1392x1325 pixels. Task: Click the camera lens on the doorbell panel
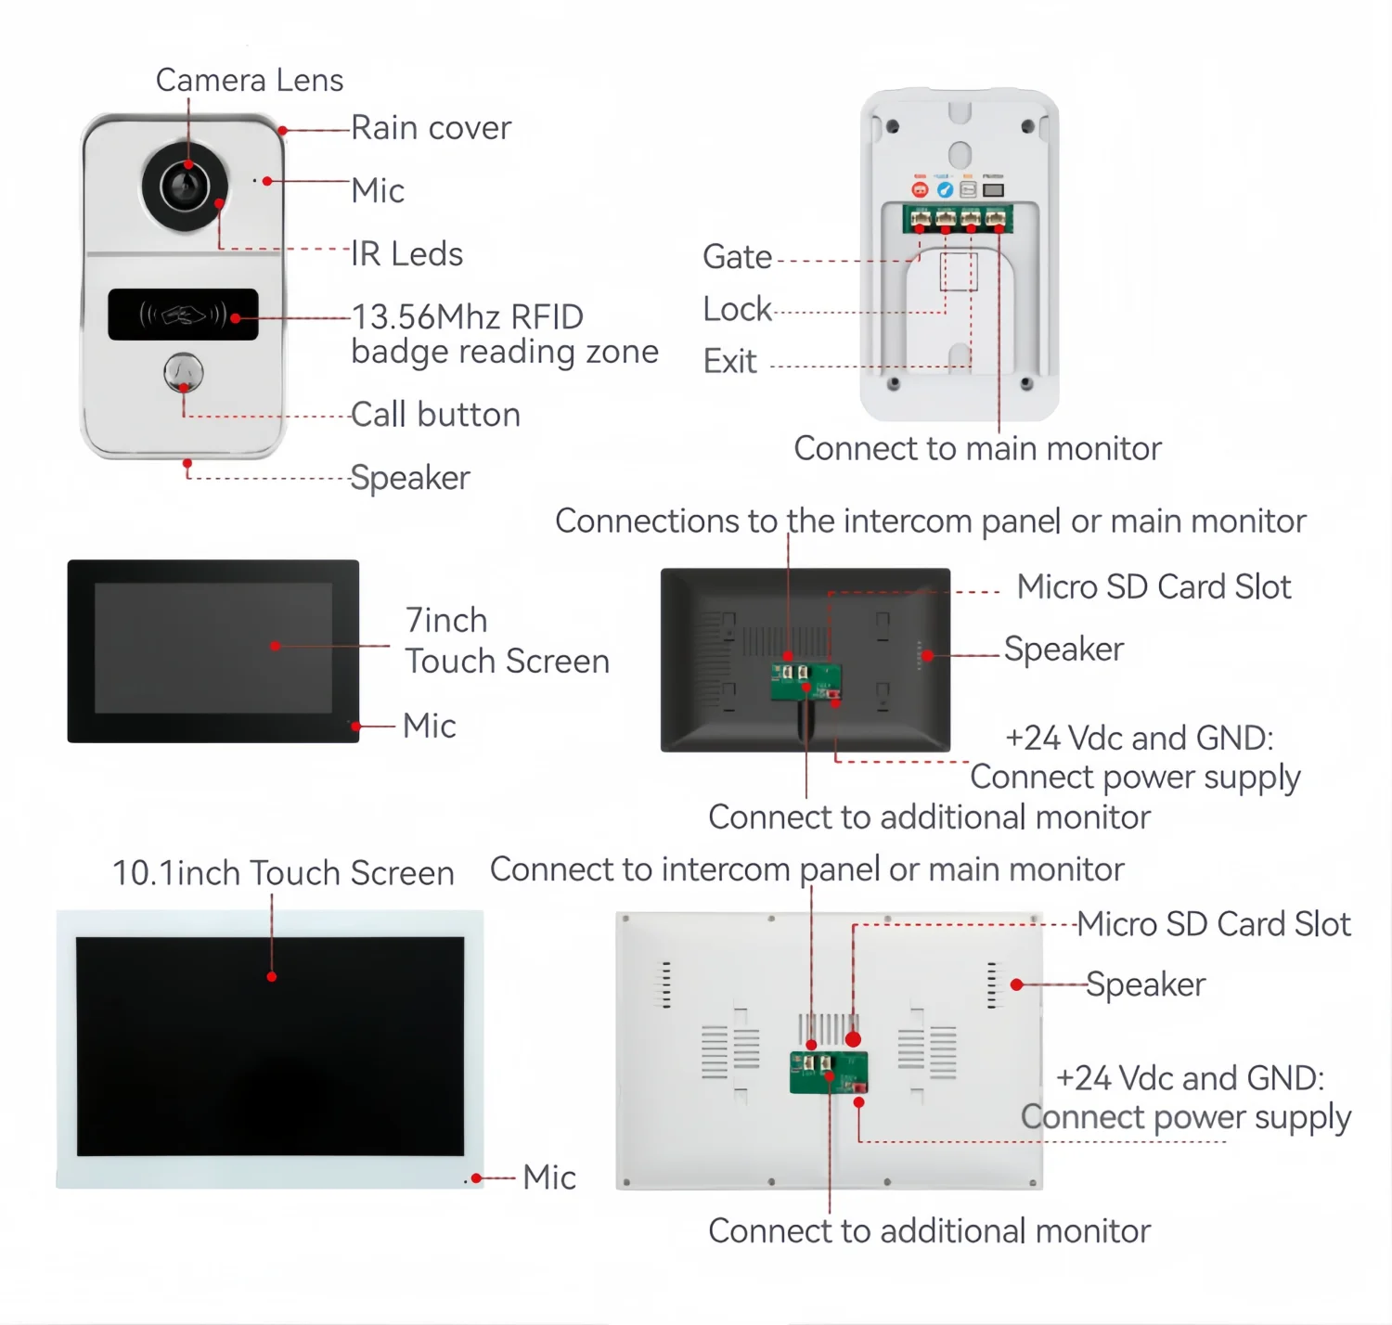[185, 187]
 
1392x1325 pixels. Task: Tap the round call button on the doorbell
[184, 372]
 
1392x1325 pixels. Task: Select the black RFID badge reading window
[183, 315]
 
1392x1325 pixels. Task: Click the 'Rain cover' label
[431, 128]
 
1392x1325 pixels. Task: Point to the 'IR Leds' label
[407, 253]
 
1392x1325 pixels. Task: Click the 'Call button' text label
[435, 414]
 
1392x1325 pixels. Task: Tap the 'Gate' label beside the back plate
[737, 256]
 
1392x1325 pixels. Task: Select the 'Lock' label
[737, 309]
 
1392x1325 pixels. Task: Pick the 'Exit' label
[730, 361]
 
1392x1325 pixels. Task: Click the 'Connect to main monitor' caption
[977, 448]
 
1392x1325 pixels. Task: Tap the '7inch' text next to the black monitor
[446, 621]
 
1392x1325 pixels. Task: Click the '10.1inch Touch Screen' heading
[283, 873]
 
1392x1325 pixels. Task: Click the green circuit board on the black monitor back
[806, 682]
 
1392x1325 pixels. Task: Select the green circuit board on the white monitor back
[829, 1073]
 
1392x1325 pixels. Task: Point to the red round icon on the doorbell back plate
[920, 189]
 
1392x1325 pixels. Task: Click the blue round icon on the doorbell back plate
[945, 189]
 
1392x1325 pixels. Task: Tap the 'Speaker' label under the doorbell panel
[410, 478]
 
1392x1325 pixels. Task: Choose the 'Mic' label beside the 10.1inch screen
[548, 1177]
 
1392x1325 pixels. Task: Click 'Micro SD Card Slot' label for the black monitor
[1154, 587]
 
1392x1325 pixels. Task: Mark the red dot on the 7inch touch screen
[276, 646]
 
